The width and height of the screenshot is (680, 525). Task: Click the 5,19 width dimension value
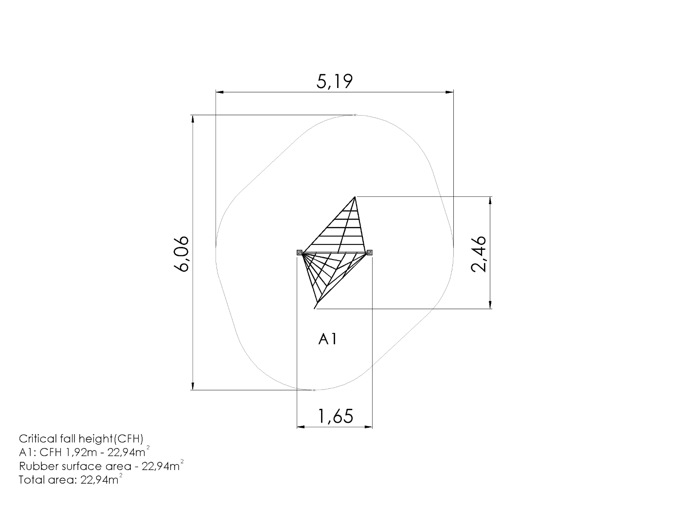(335, 82)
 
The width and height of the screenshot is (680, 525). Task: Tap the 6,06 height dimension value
(181, 254)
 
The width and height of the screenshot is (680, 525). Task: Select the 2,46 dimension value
(479, 254)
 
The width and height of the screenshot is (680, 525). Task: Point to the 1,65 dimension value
(336, 416)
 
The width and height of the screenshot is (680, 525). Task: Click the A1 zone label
(328, 339)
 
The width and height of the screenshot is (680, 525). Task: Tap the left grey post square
(300, 252)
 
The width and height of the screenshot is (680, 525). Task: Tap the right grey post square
(370, 252)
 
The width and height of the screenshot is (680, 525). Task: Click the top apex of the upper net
(355, 197)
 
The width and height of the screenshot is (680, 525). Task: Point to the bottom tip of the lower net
(315, 309)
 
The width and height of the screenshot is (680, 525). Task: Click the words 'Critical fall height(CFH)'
(81, 439)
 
